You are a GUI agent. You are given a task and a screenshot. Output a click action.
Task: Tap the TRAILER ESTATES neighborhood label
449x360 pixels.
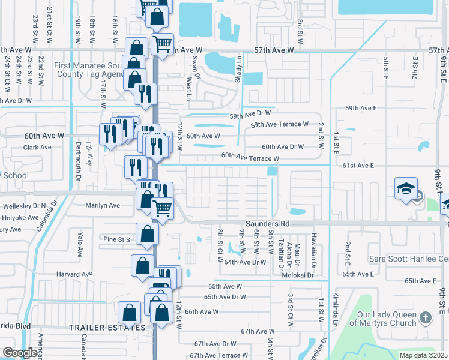tap(107, 327)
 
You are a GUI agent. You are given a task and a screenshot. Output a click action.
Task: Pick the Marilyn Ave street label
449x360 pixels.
tap(103, 205)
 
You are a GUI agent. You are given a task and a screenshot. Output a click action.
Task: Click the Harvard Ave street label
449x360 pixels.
tap(75, 274)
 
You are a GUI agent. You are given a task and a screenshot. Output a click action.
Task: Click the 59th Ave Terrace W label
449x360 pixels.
tap(279, 124)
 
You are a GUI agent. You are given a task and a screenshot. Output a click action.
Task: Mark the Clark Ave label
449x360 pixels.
tap(37, 147)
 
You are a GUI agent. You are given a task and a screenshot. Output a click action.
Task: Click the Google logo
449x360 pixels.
tap(20, 352)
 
